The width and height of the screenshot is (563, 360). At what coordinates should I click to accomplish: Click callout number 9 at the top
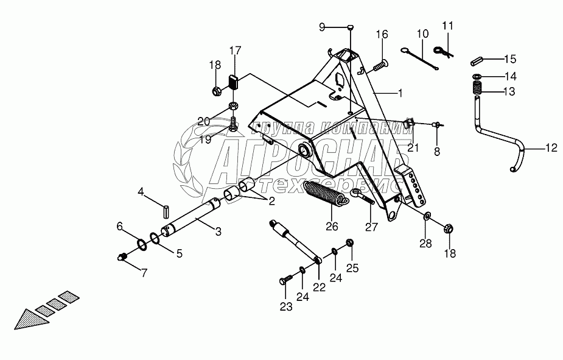coord(323,26)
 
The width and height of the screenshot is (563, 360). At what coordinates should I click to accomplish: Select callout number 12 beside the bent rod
coord(550,147)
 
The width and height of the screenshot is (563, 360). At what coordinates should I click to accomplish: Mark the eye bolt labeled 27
coord(363,197)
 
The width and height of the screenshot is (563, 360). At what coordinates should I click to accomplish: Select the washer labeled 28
coord(427,216)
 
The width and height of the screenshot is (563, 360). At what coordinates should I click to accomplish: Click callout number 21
coord(414,147)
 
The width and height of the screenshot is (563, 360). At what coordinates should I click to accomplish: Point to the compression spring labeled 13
coord(477,89)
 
